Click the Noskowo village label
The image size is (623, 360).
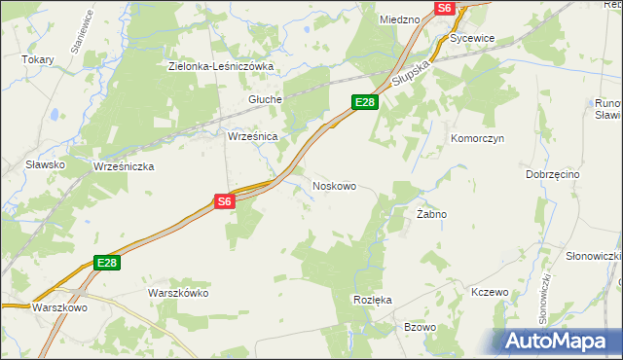click(x=334, y=184)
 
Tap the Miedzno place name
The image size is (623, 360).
click(x=399, y=19)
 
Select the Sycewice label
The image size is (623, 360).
click(x=473, y=38)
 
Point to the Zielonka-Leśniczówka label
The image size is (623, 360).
click(x=221, y=66)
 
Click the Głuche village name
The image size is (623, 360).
click(x=265, y=99)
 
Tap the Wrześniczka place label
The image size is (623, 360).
click(x=124, y=166)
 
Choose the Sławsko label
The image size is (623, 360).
click(x=46, y=164)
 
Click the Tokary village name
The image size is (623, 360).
click(x=38, y=59)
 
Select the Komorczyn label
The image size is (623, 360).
click(x=476, y=138)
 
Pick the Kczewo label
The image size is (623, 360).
click(x=490, y=292)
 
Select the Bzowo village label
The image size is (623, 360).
click(x=420, y=327)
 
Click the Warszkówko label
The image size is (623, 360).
click(x=178, y=292)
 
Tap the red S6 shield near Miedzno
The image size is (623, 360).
click(x=445, y=8)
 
